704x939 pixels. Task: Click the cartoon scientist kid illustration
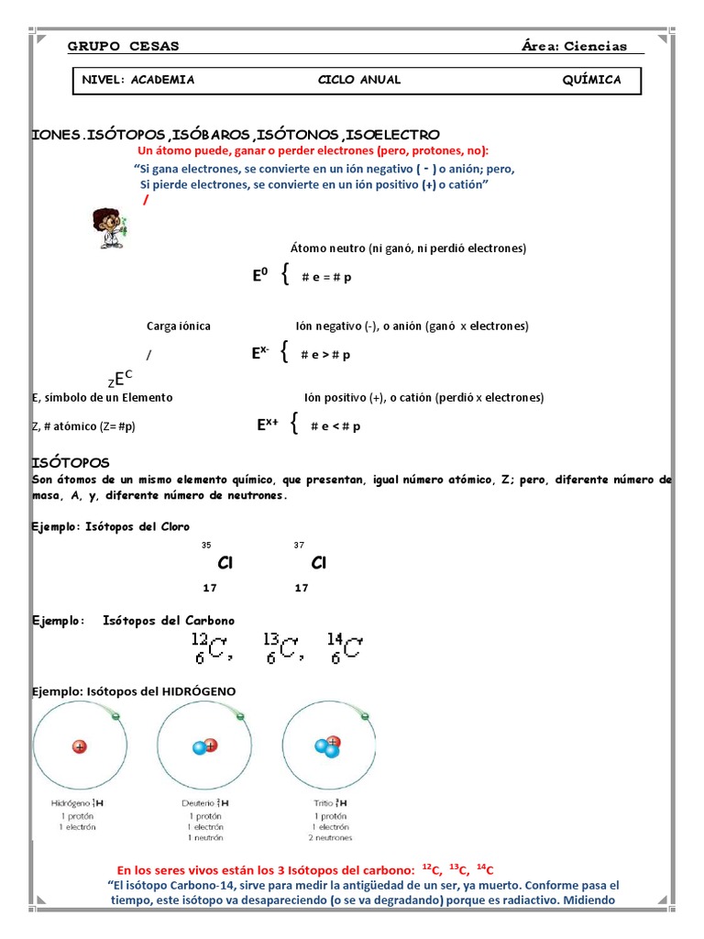pos(109,228)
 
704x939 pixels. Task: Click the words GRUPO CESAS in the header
pos(124,47)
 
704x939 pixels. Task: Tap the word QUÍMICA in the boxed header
pos(591,80)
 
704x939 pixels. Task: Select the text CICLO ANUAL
pos(359,80)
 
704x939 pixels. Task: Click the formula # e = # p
pos(326,278)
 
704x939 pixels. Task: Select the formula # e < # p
pos(335,426)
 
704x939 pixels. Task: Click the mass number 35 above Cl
pos(206,546)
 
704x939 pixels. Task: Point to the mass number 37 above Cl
pos(299,546)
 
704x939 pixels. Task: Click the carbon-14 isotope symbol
pos(344,648)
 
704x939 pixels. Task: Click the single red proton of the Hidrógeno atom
pos(80,747)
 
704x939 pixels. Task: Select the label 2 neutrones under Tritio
pos(329,837)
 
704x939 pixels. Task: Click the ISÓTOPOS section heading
pos(71,462)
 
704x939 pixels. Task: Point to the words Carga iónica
pos(179,326)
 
